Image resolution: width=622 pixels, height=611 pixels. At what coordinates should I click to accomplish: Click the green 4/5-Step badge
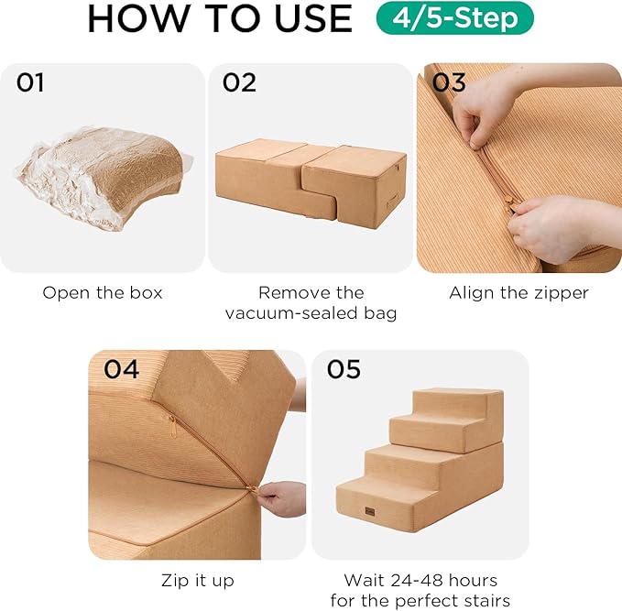click(454, 18)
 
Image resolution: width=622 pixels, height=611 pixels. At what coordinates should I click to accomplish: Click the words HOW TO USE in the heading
click(220, 18)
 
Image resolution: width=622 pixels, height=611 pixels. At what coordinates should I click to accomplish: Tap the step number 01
click(30, 83)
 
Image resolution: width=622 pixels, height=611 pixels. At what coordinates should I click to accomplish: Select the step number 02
click(239, 83)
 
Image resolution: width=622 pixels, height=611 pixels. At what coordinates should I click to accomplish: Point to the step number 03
click(449, 83)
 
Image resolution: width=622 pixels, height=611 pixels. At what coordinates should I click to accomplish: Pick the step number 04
click(121, 370)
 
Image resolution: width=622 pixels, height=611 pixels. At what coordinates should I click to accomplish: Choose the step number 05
click(344, 370)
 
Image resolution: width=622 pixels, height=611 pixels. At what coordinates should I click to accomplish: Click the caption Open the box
click(103, 293)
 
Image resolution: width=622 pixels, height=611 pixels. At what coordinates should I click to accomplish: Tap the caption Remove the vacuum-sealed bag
click(311, 303)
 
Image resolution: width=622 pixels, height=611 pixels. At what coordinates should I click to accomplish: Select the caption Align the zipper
click(518, 293)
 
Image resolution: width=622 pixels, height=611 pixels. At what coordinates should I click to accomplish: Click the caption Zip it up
click(197, 581)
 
